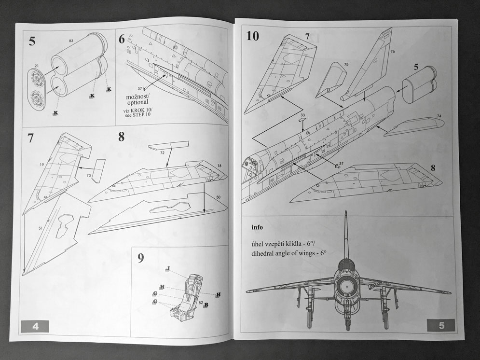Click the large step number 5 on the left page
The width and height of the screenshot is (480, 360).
tap(32, 41)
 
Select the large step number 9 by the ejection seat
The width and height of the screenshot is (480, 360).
tap(140, 258)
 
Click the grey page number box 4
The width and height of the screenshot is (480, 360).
tap(35, 326)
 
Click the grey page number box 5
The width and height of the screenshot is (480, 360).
tap(441, 326)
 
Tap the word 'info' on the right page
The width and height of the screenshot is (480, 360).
tap(258, 226)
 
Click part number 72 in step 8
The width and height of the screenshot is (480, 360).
tap(163, 152)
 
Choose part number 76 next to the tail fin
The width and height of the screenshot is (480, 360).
tap(392, 51)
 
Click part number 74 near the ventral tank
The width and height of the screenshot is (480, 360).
tap(439, 116)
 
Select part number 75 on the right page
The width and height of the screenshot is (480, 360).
tap(346, 64)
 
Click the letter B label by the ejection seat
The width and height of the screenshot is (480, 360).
tap(206, 305)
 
